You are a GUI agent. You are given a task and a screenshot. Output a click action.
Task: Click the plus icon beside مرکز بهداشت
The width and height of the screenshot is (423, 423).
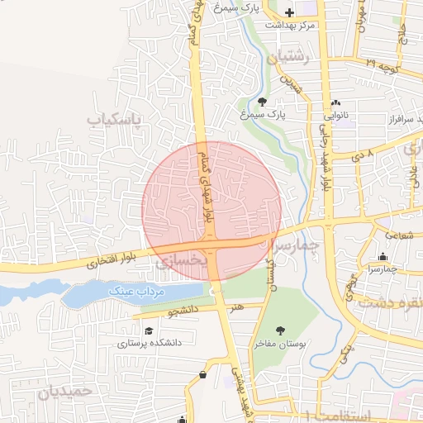[x=289, y=12]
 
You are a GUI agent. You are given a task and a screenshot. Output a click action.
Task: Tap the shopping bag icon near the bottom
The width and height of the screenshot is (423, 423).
[x=203, y=375]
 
